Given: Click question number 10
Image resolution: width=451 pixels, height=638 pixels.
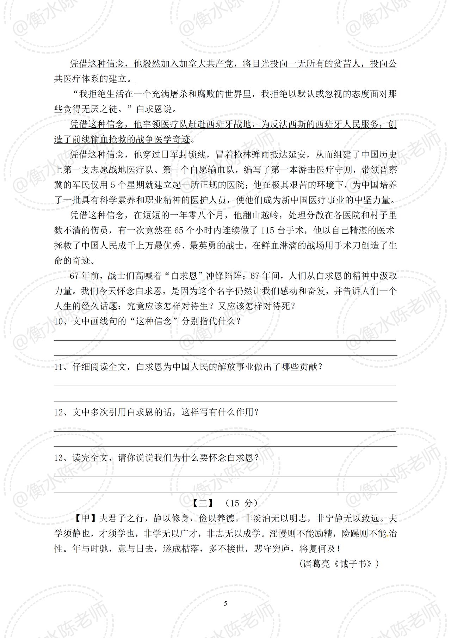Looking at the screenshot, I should point(59,321).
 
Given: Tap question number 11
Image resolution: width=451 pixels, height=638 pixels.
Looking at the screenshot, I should point(59,367).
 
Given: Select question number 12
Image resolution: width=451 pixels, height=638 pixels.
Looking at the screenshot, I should point(59,412).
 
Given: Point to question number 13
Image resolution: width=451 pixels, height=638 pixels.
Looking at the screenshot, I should point(59,458).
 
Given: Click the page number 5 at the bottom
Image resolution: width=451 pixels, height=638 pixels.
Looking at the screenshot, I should point(225,604).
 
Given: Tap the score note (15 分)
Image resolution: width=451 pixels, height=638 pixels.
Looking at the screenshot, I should point(241,503).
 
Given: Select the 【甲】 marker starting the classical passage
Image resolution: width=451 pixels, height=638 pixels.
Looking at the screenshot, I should point(86,519).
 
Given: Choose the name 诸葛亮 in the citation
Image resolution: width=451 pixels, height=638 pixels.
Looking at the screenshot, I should point(314,564).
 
